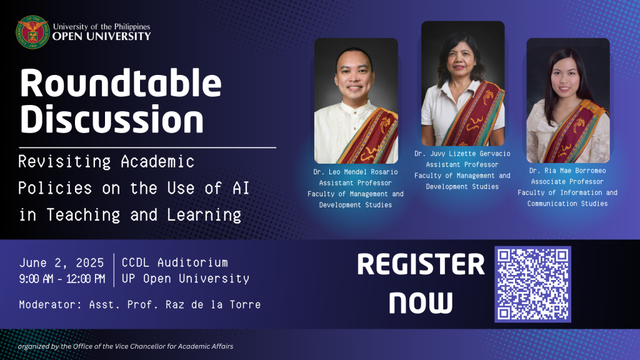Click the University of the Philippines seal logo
tap(32, 32)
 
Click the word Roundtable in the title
tap(121, 83)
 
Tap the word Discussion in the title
tap(111, 119)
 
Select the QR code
tap(532, 284)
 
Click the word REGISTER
tap(421, 264)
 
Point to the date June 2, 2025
tap(62, 263)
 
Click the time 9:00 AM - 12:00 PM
tap(62, 279)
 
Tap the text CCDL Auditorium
tap(175, 262)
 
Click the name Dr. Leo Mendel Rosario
tap(356, 172)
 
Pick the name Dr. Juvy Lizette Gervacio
tap(462, 154)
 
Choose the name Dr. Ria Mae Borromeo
tap(567, 171)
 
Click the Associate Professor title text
tap(567, 182)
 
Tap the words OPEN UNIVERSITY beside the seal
tap(102, 36)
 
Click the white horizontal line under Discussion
tap(147, 147)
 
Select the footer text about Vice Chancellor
tap(126, 346)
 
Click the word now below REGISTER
tap(421, 302)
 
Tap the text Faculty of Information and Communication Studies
tap(567, 198)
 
